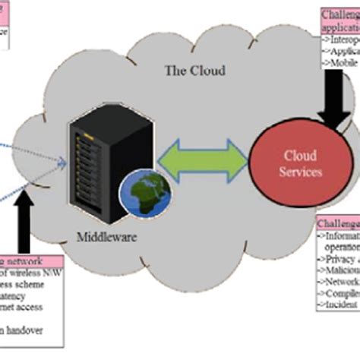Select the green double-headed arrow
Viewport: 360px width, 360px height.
[x=203, y=160]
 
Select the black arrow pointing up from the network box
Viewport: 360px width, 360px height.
[x=30, y=221]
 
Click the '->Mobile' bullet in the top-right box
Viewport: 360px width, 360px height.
[x=339, y=65]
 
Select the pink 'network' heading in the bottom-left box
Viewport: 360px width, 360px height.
[x=23, y=261]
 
